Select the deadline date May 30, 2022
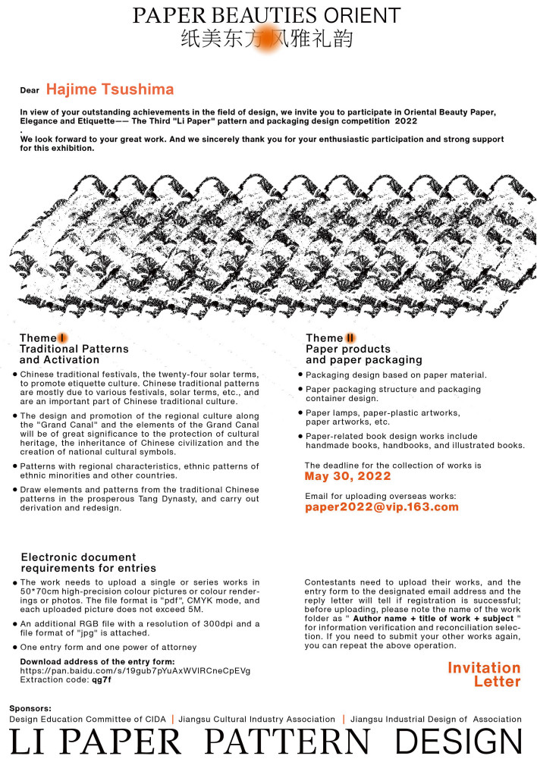coord(347,476)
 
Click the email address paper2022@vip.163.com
coord(382,507)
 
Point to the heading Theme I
coord(44,337)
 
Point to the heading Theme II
coord(331,337)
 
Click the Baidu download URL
coord(135,670)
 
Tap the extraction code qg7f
coord(102,679)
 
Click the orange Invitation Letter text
coord(484,674)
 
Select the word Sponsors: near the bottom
coord(30,707)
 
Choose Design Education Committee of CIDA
coord(86,719)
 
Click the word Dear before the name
coord(30,90)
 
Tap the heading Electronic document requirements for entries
coord(89,562)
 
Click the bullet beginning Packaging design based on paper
coord(395,375)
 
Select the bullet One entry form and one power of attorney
coord(108,647)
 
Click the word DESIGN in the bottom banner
coord(458,741)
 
